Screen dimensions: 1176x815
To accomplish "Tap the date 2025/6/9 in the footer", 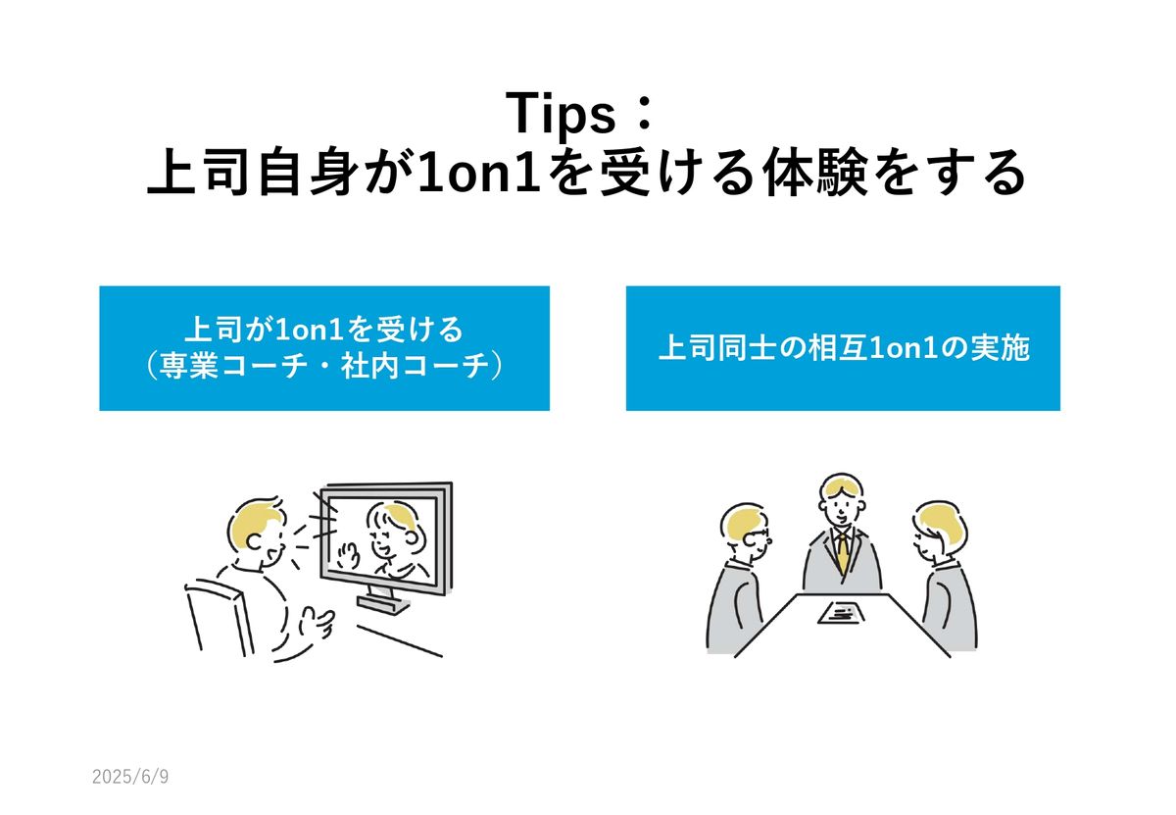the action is (x=130, y=776).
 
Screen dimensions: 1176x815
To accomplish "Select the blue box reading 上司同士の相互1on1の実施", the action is (x=843, y=348).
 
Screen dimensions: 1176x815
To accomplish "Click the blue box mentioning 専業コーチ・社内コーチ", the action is (x=324, y=348).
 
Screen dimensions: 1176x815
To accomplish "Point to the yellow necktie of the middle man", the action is (x=843, y=554).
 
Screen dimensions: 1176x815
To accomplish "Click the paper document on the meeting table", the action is (x=840, y=613).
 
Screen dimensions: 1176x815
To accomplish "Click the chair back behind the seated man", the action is (x=219, y=618).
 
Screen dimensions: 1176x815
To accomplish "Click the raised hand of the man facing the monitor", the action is (x=316, y=623).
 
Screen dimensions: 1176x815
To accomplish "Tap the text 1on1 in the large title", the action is (x=479, y=173).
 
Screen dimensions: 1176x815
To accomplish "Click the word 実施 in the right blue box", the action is (x=1001, y=348).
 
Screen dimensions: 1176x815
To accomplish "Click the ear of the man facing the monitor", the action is (x=254, y=541).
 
